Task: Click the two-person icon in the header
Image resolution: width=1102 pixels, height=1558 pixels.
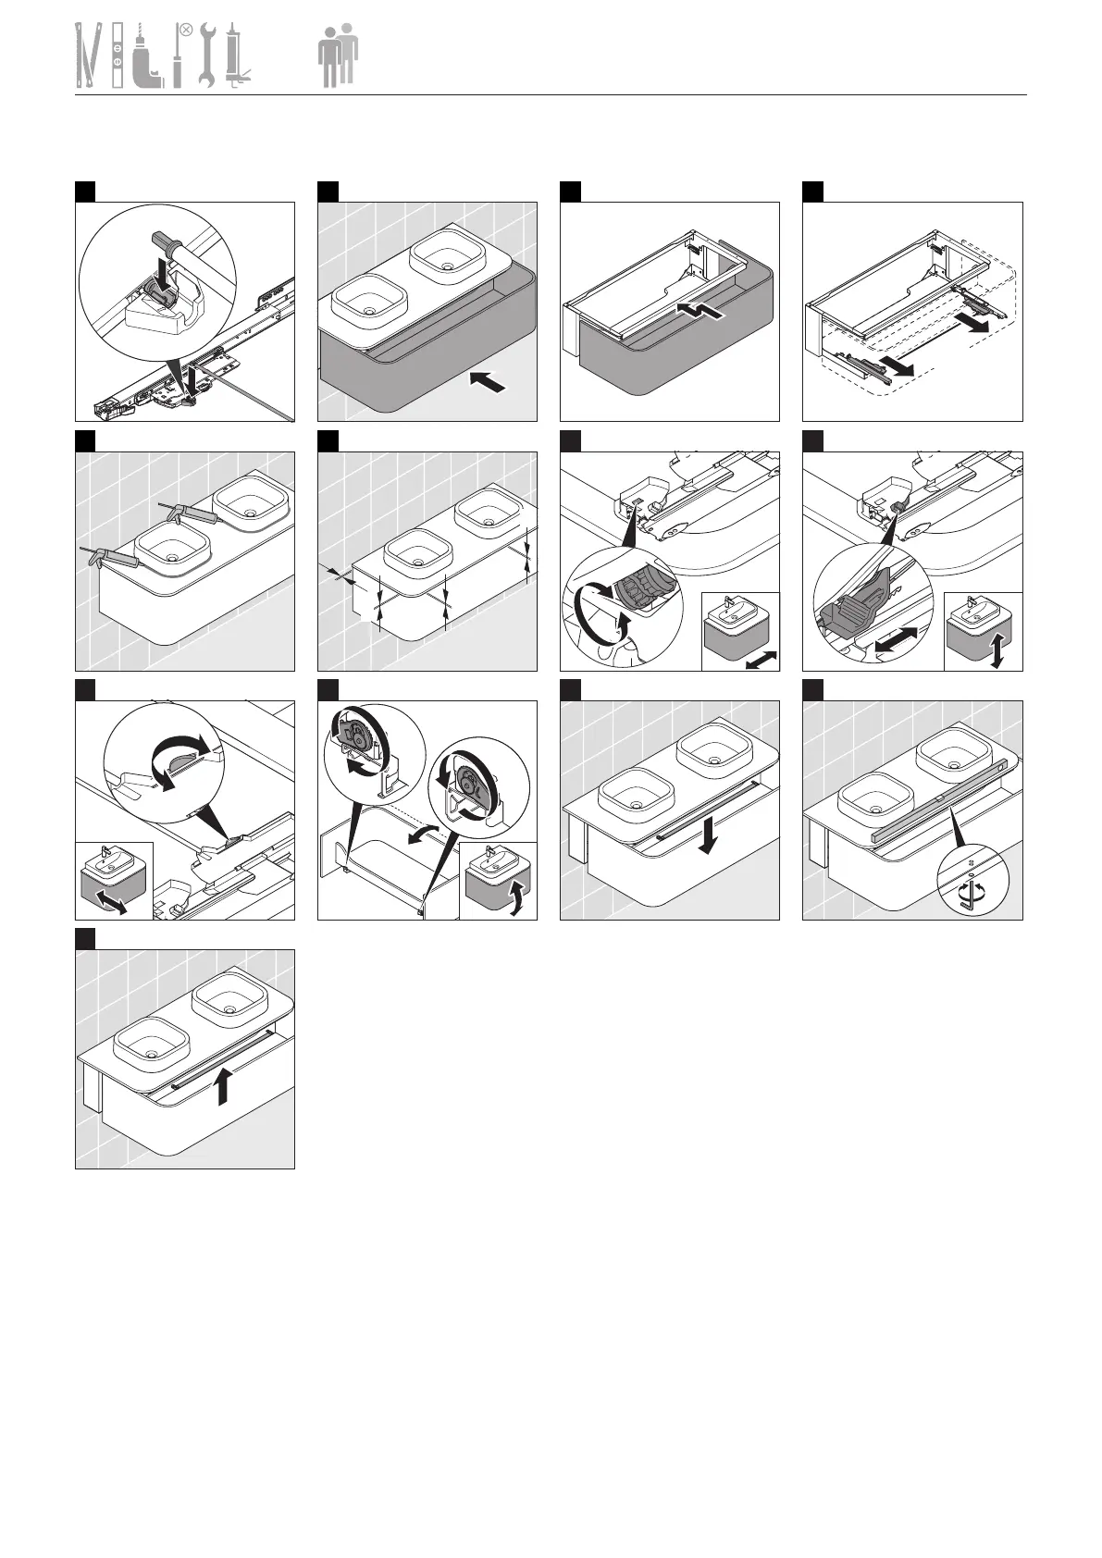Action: tap(339, 56)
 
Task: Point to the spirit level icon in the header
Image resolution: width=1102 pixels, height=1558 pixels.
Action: tap(118, 56)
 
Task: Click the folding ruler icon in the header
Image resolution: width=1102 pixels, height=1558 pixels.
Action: tap(88, 56)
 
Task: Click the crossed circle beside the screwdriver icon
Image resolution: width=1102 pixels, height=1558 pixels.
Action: tap(185, 31)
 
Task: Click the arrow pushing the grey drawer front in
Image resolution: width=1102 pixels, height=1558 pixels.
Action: tap(489, 382)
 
